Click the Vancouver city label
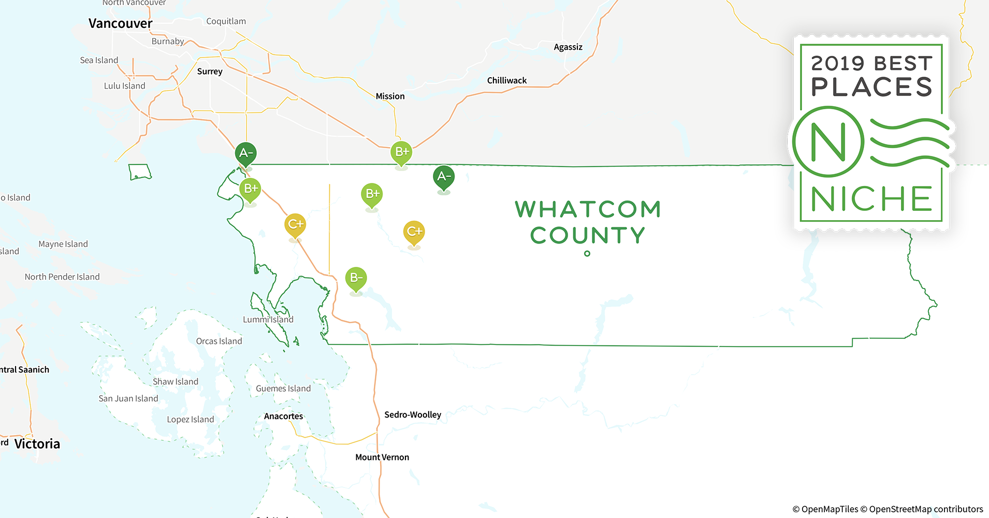pos(120,23)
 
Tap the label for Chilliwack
pos(506,80)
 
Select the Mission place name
pos(390,96)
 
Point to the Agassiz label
pos(568,47)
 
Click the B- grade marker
pos(356,278)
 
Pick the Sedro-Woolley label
pos(413,414)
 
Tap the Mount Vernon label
pos(382,457)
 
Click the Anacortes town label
pos(283,416)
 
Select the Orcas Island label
pos(219,341)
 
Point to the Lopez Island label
pos(190,419)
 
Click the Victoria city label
pos(37,444)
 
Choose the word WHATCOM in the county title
pos(588,209)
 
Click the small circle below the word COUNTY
pos(587,253)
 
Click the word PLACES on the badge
pos(871,87)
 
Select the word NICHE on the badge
pos(871,199)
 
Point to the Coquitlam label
pos(226,21)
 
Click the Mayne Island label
pos(63,244)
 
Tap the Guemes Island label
pos(283,388)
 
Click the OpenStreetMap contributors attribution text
pos(926,509)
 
